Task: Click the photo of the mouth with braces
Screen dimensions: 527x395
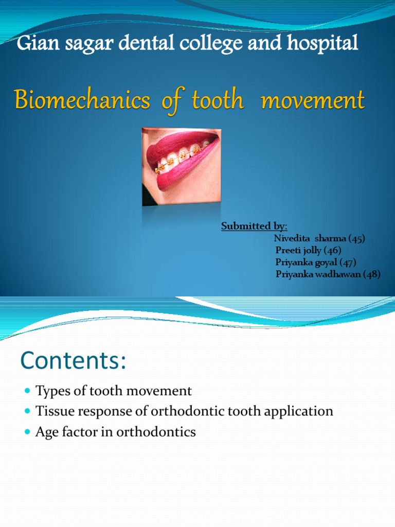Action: point(181,167)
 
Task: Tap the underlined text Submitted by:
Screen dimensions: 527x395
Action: point(254,226)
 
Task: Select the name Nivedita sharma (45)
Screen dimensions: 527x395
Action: point(319,238)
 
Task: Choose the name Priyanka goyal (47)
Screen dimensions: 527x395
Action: point(316,262)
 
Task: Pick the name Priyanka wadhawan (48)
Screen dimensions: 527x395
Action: point(328,274)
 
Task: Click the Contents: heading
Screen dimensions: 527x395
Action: point(73,361)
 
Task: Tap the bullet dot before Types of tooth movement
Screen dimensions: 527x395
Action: point(28,392)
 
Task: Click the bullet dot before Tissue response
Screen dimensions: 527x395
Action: point(28,412)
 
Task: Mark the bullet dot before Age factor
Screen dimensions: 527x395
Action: point(28,432)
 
